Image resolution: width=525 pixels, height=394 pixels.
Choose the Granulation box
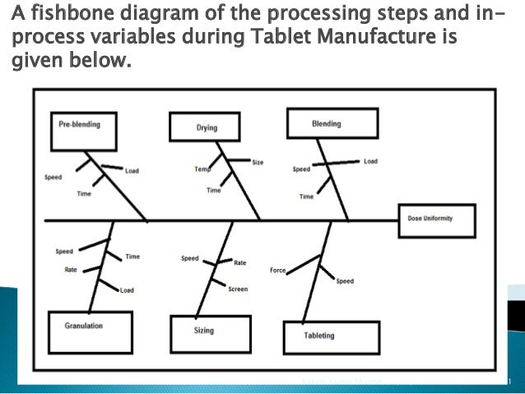pyautogui.click(x=84, y=327)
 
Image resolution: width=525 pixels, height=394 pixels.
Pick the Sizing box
pyautogui.click(x=204, y=331)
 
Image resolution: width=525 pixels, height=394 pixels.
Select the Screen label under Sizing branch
pyautogui.click(x=238, y=290)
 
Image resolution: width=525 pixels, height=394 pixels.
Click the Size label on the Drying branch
pyautogui.click(x=258, y=163)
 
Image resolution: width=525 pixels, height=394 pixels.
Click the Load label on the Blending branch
pyautogui.click(x=371, y=161)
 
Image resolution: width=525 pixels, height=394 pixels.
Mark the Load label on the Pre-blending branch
pyautogui.click(x=132, y=171)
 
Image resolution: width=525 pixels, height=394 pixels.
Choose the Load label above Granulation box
pyautogui.click(x=127, y=290)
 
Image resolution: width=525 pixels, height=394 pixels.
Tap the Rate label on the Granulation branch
pyautogui.click(x=71, y=269)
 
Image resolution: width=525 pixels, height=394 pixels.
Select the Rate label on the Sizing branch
pyautogui.click(x=240, y=263)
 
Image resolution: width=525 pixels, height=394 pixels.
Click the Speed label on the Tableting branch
pyautogui.click(x=345, y=281)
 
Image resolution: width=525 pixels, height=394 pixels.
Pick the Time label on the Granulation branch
pyautogui.click(x=132, y=257)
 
